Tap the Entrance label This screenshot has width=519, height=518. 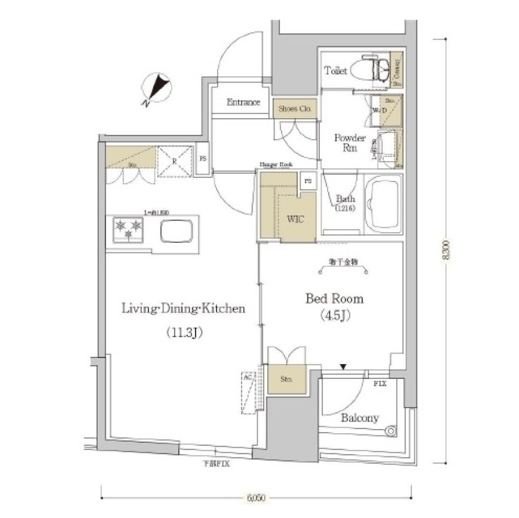click(243, 103)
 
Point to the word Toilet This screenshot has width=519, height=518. click(335, 71)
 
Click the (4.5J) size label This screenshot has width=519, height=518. click(332, 316)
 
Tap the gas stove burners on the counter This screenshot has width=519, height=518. click(126, 230)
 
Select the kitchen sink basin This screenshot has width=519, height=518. click(176, 231)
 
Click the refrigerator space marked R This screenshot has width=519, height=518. click(172, 160)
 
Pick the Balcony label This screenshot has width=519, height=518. click(359, 418)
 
